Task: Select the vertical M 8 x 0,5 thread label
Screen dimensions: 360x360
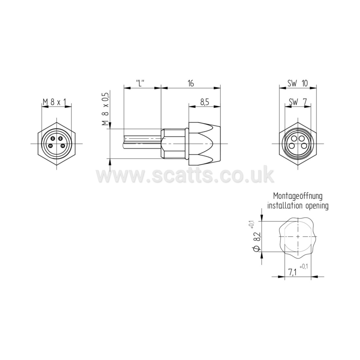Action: [105, 109]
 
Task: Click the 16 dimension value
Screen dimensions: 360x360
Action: [191, 83]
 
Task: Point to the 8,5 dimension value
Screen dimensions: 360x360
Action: [205, 102]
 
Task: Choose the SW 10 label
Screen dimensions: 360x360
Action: [298, 83]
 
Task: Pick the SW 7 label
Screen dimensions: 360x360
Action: [297, 102]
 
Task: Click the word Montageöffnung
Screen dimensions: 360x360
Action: [298, 196]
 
